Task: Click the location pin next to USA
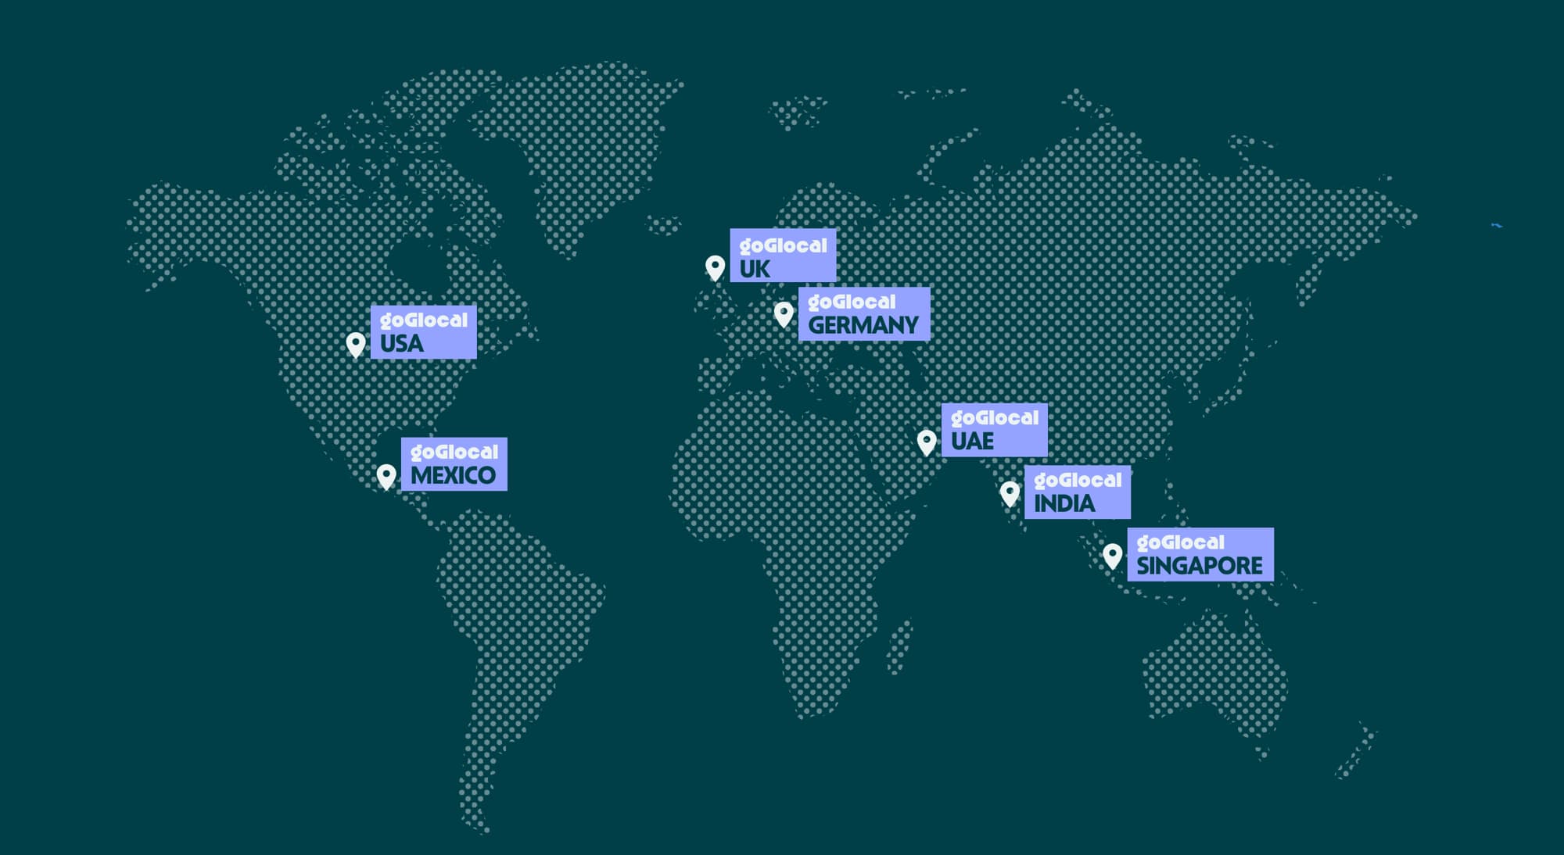[x=356, y=344]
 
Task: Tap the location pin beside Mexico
[x=386, y=476]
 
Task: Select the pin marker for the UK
[x=715, y=267]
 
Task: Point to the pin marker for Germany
[x=784, y=314]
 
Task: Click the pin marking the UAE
[x=927, y=442]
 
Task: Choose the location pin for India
[x=1010, y=493]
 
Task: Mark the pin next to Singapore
[x=1112, y=556]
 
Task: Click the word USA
[x=401, y=344]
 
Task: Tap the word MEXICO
[x=453, y=475]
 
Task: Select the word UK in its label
[x=755, y=269]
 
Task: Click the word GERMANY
[x=863, y=325]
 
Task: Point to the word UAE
[x=972, y=442]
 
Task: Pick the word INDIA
[x=1064, y=504]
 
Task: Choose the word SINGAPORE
[x=1199, y=566]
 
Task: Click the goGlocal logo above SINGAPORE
[x=1180, y=542]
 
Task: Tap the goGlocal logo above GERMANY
[x=852, y=302]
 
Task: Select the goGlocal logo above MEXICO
[x=454, y=453]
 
